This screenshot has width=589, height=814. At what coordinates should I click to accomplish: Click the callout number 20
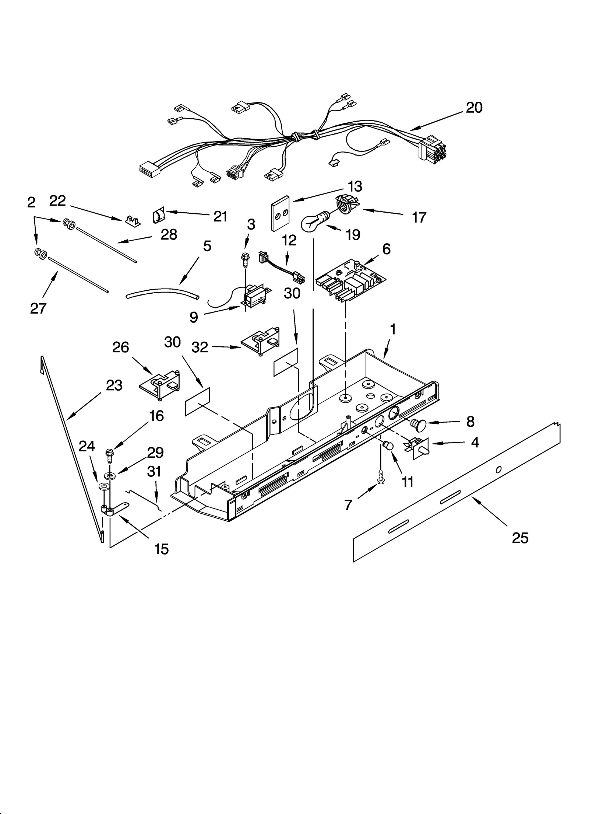tap(474, 108)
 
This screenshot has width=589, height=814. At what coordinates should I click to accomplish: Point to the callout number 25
tap(520, 538)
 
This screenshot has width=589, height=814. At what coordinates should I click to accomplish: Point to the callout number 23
tap(114, 385)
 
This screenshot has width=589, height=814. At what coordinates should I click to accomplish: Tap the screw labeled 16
tap(110, 455)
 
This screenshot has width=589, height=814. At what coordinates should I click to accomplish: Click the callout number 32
tap(200, 347)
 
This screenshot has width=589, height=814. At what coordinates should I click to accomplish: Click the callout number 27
tap(38, 308)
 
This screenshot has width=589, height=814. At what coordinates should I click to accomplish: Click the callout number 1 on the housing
tap(393, 329)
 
